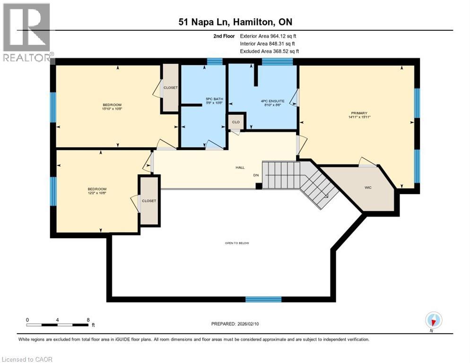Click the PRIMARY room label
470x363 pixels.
pos(359,113)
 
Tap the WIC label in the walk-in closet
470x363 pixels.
pos(368,188)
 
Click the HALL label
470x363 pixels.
pos(240,167)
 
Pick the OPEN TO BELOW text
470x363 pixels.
pos(237,243)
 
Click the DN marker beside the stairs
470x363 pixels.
pos(256,175)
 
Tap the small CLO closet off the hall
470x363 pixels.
pos(236,122)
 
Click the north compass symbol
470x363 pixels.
pos(433,320)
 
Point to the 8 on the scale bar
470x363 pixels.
pos(88,320)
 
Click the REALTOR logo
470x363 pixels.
pos(27,32)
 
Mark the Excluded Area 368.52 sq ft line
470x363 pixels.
pos(270,51)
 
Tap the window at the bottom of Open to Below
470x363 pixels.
pos(263,299)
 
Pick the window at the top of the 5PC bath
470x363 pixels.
pos(215,61)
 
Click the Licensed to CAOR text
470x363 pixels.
pos(26,359)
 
